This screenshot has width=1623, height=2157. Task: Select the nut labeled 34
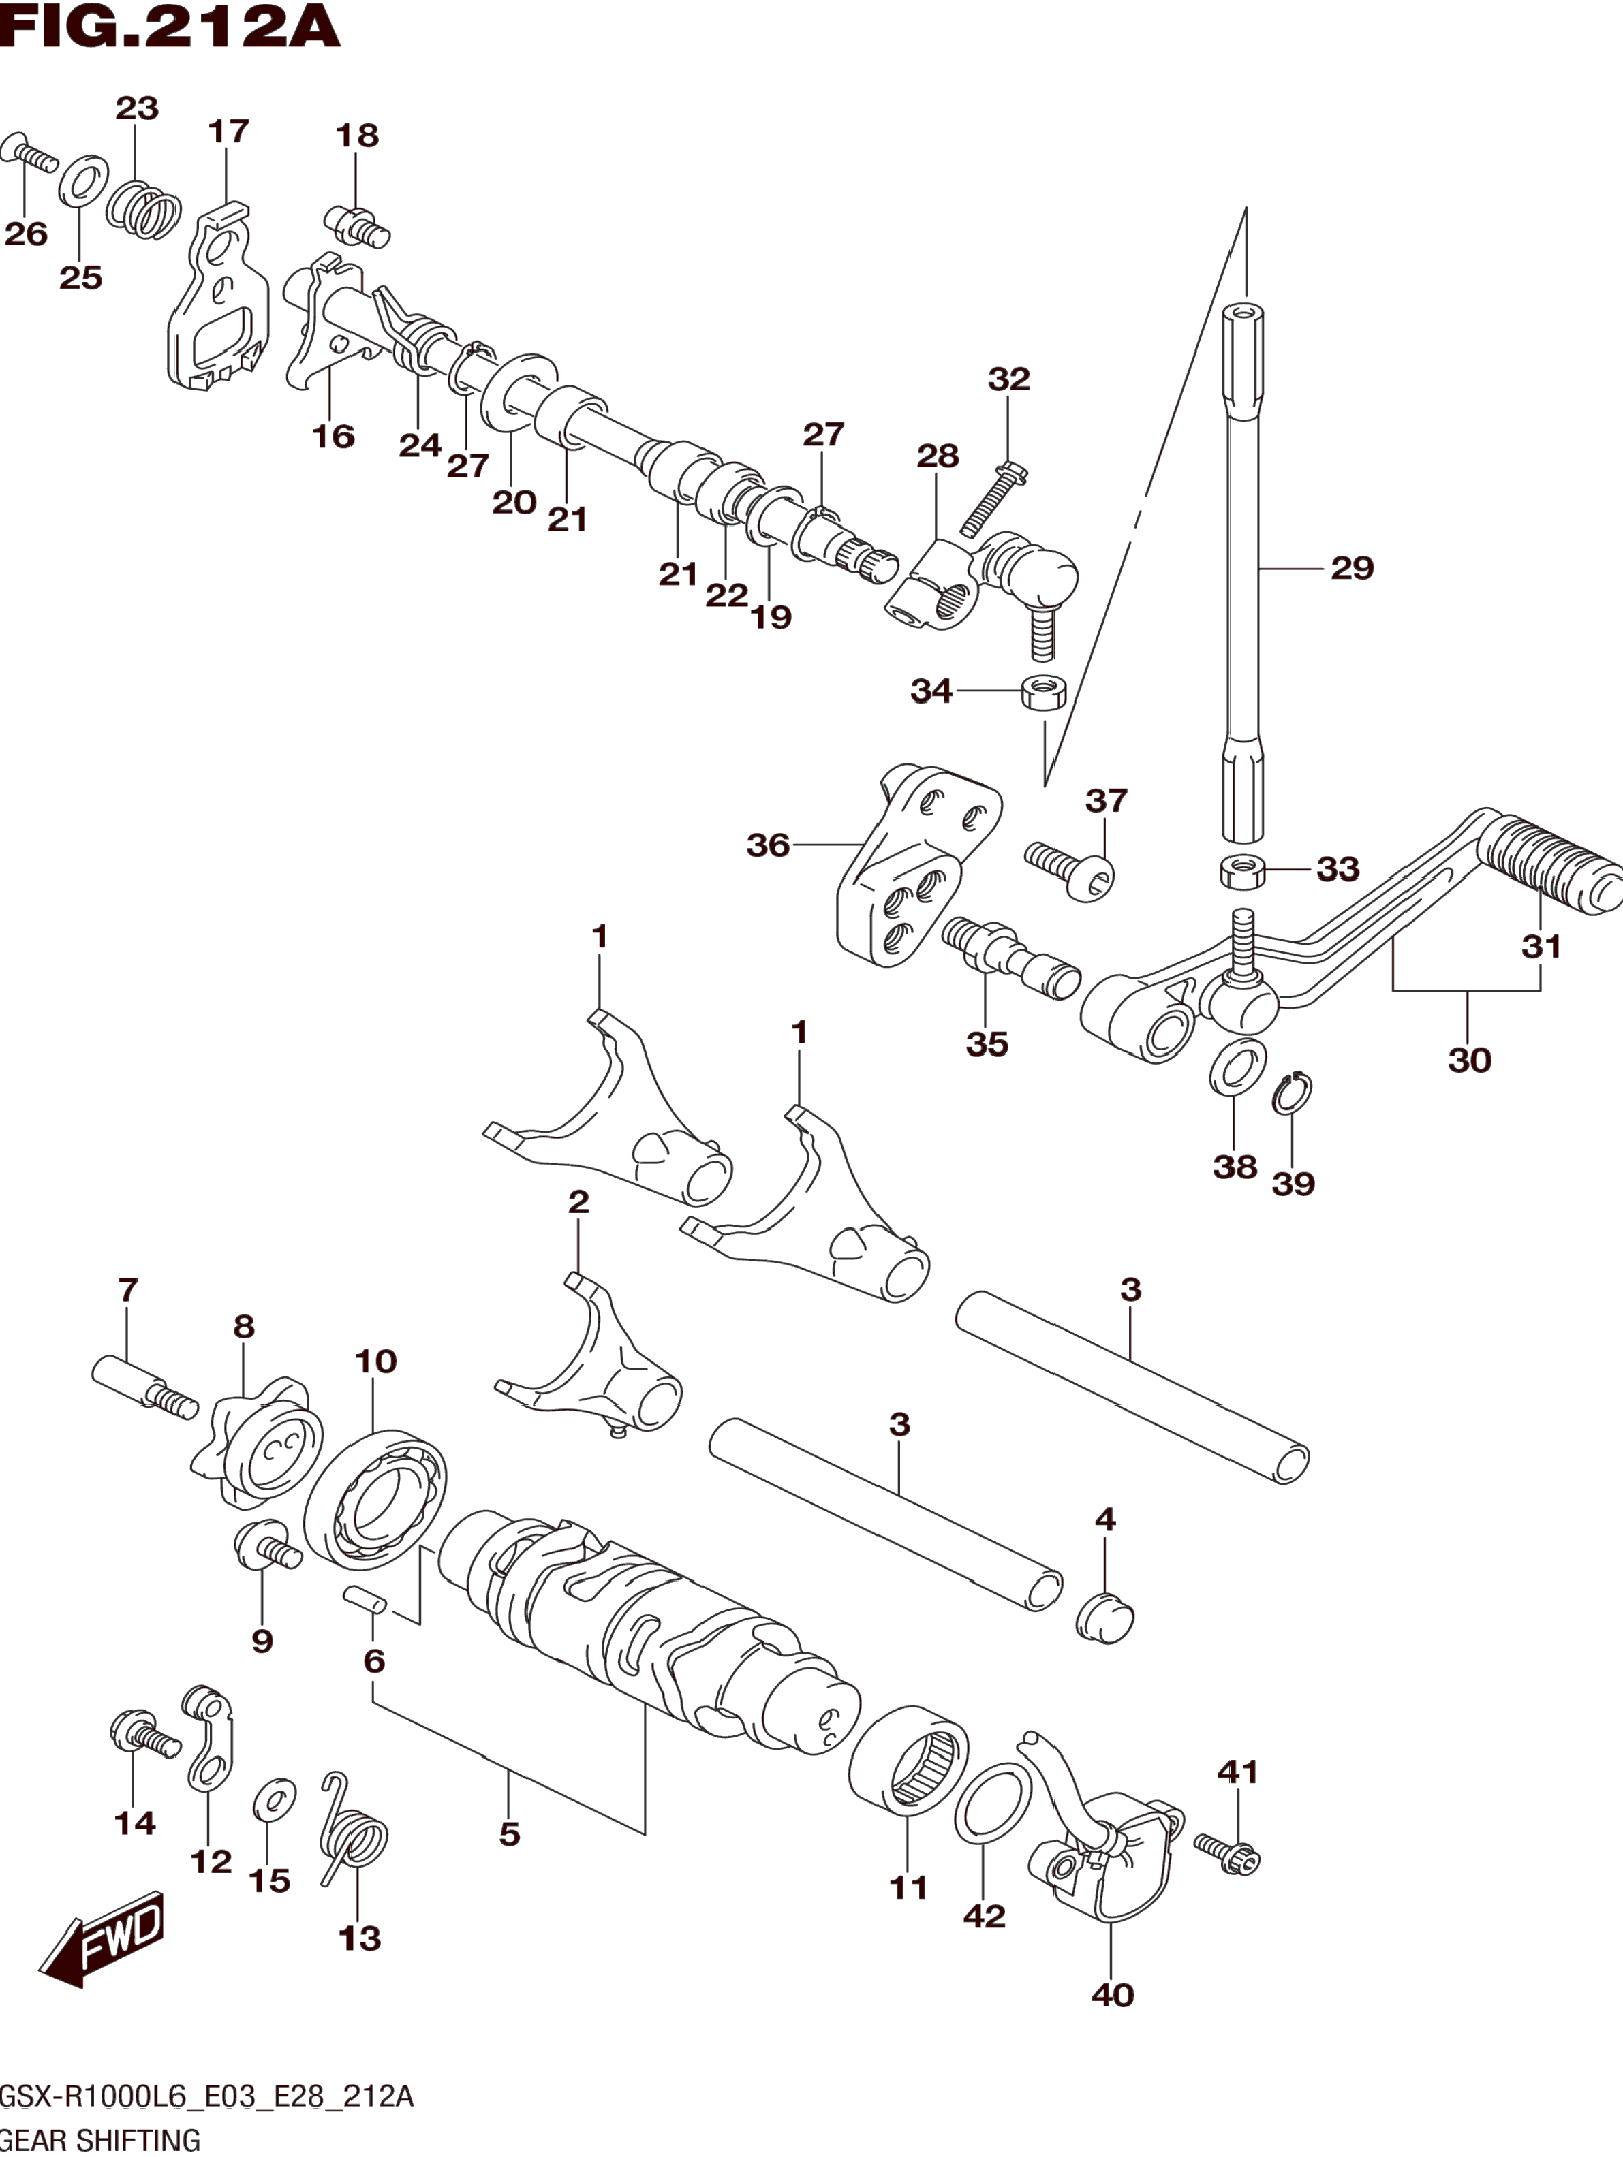[x=1042, y=693]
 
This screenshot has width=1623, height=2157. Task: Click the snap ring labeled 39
[x=1293, y=1093]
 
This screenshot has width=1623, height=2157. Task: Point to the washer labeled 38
[x=1238, y=1067]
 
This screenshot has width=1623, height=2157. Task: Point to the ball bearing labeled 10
[x=375, y=1500]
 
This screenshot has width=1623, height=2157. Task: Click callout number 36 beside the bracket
[x=768, y=845]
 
